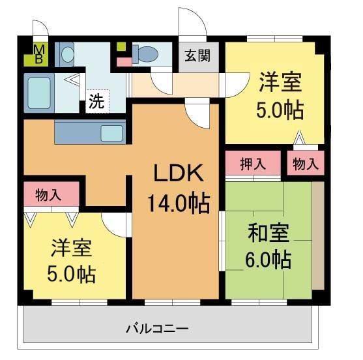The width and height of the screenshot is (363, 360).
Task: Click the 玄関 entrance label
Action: tap(196, 55)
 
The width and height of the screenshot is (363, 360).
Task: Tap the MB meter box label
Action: tap(38, 55)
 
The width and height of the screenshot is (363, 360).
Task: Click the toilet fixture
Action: tap(145, 53)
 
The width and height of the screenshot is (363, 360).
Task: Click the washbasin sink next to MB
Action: tap(67, 54)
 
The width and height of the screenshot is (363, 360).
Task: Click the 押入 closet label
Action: tap(253, 164)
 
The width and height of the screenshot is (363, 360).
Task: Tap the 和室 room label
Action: tap(268, 233)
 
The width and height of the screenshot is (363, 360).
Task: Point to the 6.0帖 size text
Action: tap(268, 260)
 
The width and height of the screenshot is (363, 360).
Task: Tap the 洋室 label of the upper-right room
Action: tap(280, 83)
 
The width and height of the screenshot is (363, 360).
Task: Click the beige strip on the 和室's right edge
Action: tap(317, 235)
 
